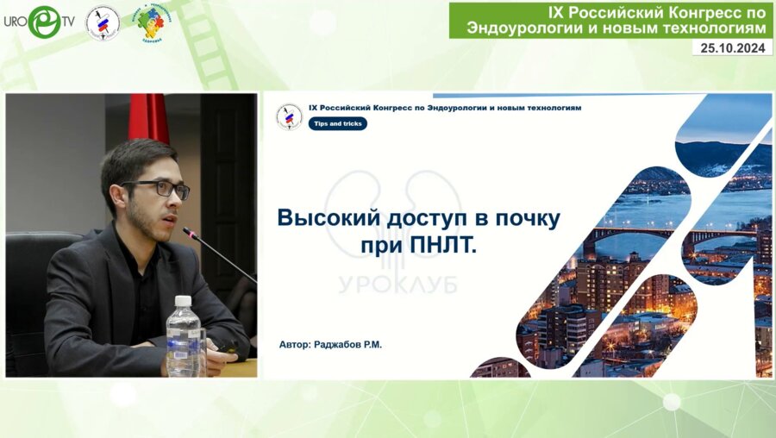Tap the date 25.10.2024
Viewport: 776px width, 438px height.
coord(731,48)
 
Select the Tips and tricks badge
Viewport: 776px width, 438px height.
coord(338,123)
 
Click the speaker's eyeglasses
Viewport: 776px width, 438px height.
coord(160,188)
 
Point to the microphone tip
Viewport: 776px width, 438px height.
coord(186,231)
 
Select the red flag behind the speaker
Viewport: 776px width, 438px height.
coord(148,116)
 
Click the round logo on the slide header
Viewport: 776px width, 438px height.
coord(289,116)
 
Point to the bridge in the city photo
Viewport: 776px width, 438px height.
coord(655,234)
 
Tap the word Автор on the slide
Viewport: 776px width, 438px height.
coord(296,344)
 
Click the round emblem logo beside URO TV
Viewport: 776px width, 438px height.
coord(103,22)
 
